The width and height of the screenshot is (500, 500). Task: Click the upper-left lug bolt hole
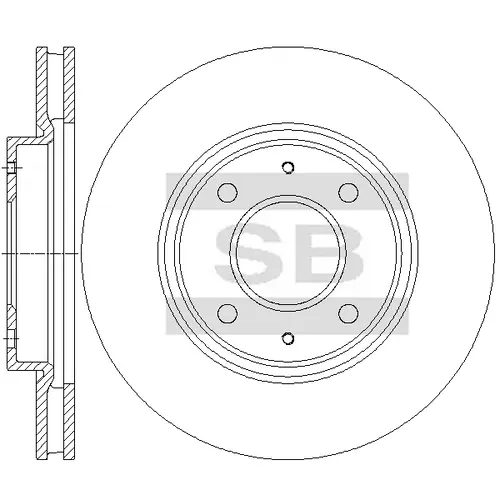(x=227, y=192)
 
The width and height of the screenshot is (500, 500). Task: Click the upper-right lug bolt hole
(x=349, y=192)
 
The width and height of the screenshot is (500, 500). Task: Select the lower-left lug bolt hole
(x=227, y=313)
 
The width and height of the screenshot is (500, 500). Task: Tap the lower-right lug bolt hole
(x=349, y=313)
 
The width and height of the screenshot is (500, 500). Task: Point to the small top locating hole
(x=288, y=167)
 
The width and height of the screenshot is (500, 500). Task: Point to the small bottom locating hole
(x=288, y=338)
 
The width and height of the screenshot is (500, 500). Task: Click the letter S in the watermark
(x=248, y=253)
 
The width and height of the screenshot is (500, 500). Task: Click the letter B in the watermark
(x=328, y=253)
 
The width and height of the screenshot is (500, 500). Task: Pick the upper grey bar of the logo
(x=287, y=191)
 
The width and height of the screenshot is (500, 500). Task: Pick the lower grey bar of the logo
(x=287, y=316)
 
